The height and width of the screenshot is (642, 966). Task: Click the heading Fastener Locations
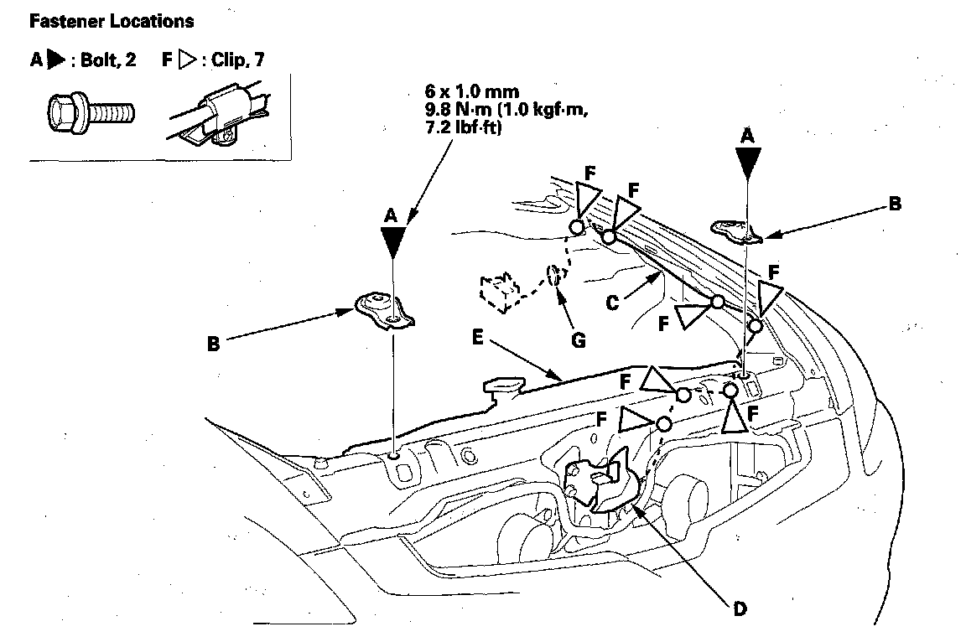point(112,21)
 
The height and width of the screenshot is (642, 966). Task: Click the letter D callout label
point(738,609)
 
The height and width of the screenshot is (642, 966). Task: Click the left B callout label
point(213,344)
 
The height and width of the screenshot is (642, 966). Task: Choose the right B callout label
point(895,203)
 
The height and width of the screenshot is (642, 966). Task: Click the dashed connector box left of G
point(499,293)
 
